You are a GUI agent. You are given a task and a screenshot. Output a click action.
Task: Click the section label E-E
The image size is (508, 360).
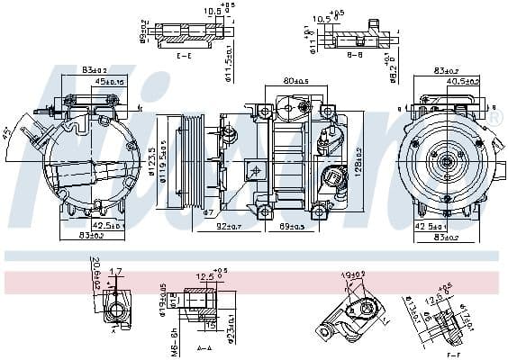click(x=183, y=56)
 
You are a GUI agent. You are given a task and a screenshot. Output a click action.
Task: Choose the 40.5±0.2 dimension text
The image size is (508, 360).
click(x=463, y=82)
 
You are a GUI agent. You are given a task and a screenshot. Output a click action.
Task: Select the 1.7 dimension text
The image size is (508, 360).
click(x=115, y=270)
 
